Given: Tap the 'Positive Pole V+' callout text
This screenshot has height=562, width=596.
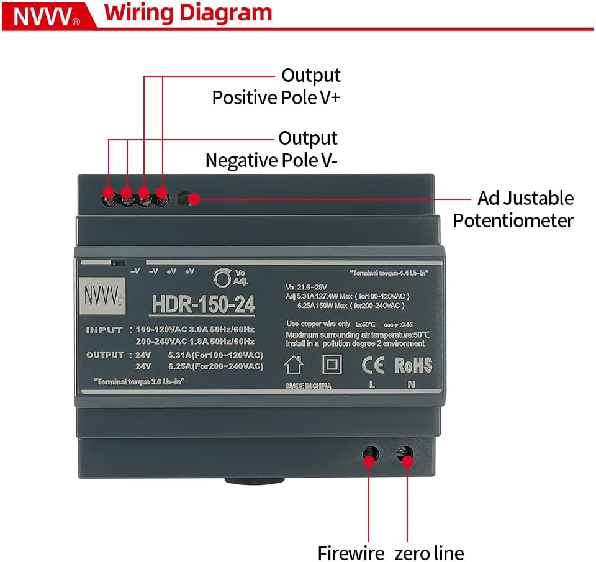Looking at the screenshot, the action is [276, 97].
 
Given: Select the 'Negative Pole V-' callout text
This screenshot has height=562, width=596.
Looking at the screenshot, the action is [272, 160].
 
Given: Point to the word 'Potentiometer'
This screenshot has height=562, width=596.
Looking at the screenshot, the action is [513, 220].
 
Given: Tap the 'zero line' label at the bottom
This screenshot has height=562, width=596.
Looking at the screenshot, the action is [429, 552].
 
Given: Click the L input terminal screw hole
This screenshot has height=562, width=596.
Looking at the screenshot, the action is [371, 453].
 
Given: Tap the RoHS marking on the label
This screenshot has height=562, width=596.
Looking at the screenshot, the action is [413, 365].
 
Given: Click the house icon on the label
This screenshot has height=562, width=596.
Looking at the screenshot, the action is [294, 365].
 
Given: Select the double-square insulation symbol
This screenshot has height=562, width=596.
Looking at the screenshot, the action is [332, 365].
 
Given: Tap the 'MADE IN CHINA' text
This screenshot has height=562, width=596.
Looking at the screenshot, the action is [309, 386].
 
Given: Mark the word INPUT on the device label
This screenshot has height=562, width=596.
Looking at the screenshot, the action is [104, 330].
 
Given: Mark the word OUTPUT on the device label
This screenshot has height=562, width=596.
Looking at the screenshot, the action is [104, 355].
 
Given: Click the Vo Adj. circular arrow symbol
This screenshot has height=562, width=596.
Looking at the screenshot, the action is [221, 278].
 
